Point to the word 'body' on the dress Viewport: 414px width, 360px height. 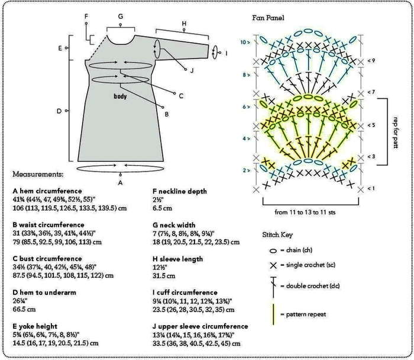pyautogui.click(x=121, y=95)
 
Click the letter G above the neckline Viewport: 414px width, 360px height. pyautogui.click(x=120, y=17)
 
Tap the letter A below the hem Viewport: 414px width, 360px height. pyautogui.click(x=121, y=183)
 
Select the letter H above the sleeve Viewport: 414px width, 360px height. pyautogui.click(x=184, y=24)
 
